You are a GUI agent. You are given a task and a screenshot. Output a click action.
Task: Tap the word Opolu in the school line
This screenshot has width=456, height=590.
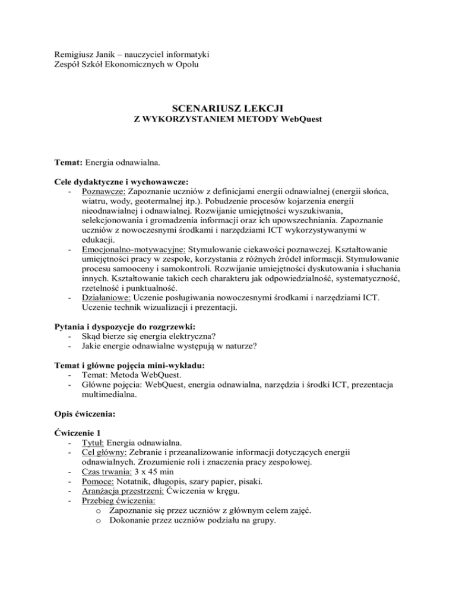185,65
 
